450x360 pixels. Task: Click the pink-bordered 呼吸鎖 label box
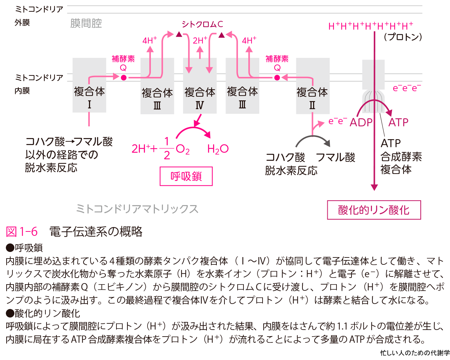pyautogui.click(x=186, y=177)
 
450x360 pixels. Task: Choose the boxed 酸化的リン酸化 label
pyautogui.click(x=374, y=210)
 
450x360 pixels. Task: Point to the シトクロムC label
pyautogui.click(x=202, y=25)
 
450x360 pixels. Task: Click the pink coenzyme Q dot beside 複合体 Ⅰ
pyautogui.click(x=123, y=78)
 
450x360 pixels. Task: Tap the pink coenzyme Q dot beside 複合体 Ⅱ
pyautogui.click(x=277, y=78)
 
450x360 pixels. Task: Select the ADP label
pyautogui.click(x=361, y=122)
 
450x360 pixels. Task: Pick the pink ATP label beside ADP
pyautogui.click(x=398, y=122)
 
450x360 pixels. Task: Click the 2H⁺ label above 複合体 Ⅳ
pyautogui.click(x=200, y=40)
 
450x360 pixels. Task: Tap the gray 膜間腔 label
pyautogui.click(x=86, y=24)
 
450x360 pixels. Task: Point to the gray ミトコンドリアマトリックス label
pyautogui.click(x=137, y=209)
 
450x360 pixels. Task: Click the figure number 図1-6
pyautogui.click(x=22, y=231)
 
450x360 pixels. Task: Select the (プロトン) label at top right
pyautogui.click(x=403, y=37)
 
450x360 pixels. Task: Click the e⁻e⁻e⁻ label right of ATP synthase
pyautogui.click(x=406, y=88)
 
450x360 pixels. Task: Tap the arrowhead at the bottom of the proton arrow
pyautogui.click(x=374, y=187)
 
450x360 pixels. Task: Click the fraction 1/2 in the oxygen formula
pyautogui.click(x=167, y=148)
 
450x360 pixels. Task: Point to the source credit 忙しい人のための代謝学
pyautogui.click(x=414, y=353)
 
